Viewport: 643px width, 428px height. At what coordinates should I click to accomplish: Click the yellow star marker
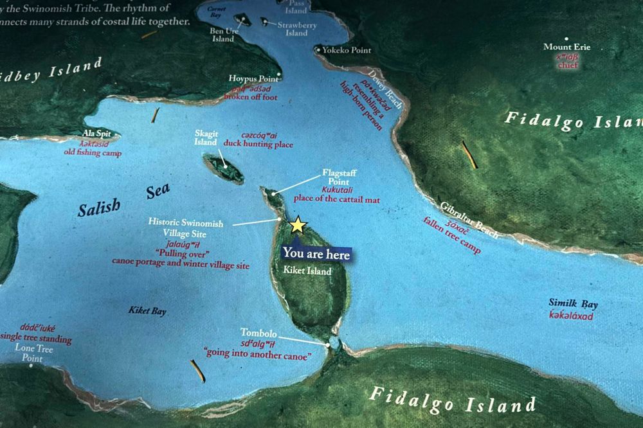pyautogui.click(x=297, y=225)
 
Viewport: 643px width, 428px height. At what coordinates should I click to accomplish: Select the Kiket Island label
pyautogui.click(x=307, y=271)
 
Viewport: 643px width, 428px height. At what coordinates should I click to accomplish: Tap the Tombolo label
pyautogui.click(x=258, y=333)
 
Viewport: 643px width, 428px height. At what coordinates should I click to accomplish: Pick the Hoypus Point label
pyautogui.click(x=256, y=78)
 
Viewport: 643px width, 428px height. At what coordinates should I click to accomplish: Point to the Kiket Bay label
pyautogui.click(x=147, y=311)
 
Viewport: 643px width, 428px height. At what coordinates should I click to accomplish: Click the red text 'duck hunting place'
pyautogui.click(x=266, y=145)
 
